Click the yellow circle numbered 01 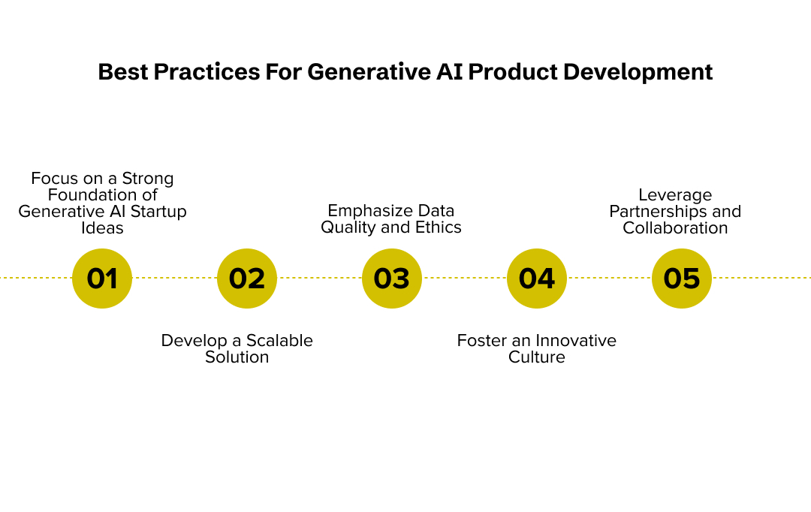102,279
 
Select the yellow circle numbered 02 247,279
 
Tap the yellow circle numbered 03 392,279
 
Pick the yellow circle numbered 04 537,279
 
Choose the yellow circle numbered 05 682,279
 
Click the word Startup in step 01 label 159,212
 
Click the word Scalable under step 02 279,341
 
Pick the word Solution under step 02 237,357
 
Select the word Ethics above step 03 439,227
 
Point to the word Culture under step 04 537,357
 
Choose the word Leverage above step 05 675,195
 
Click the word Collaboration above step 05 675,228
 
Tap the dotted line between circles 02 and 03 319,278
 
